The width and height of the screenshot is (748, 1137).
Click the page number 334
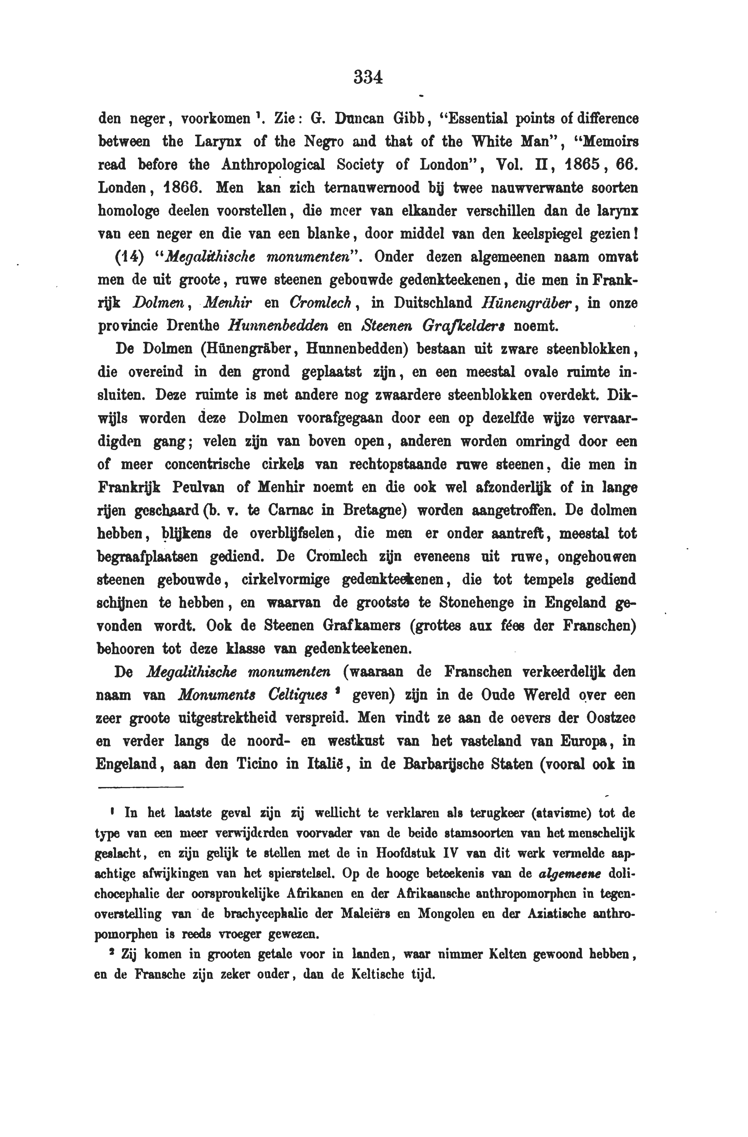coord(368,76)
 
